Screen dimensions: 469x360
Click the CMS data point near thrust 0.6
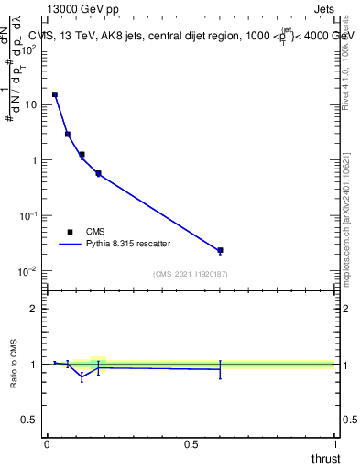click(x=220, y=250)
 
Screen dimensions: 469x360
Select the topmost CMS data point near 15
click(x=55, y=94)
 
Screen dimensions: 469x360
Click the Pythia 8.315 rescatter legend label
click(x=129, y=245)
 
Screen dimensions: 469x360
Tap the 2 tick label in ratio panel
click(x=33, y=309)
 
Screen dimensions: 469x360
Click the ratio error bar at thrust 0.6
click(x=220, y=369)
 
